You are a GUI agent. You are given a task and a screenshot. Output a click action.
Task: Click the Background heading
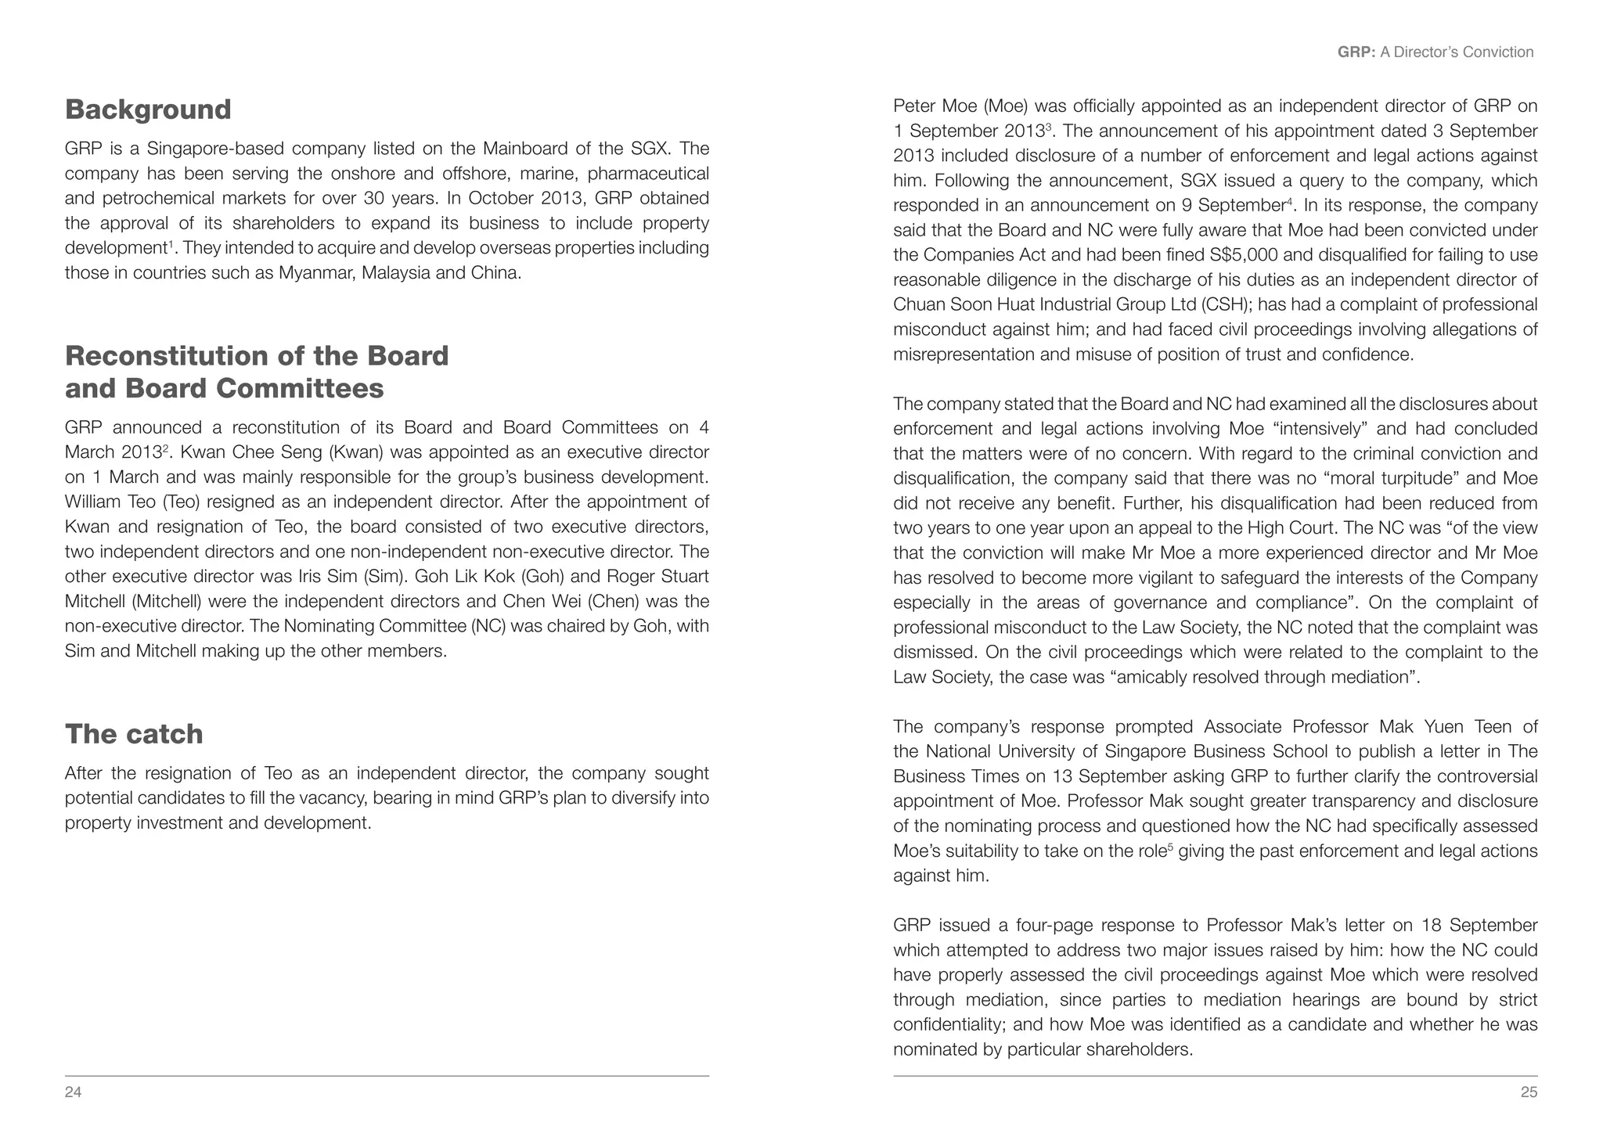[148, 110]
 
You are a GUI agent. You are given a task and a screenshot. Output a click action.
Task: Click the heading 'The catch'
[134, 734]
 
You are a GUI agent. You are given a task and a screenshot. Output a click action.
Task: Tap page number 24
[73, 1092]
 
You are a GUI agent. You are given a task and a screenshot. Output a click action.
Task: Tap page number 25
[1529, 1092]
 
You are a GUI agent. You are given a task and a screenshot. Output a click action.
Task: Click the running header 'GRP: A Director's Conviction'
[1435, 52]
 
